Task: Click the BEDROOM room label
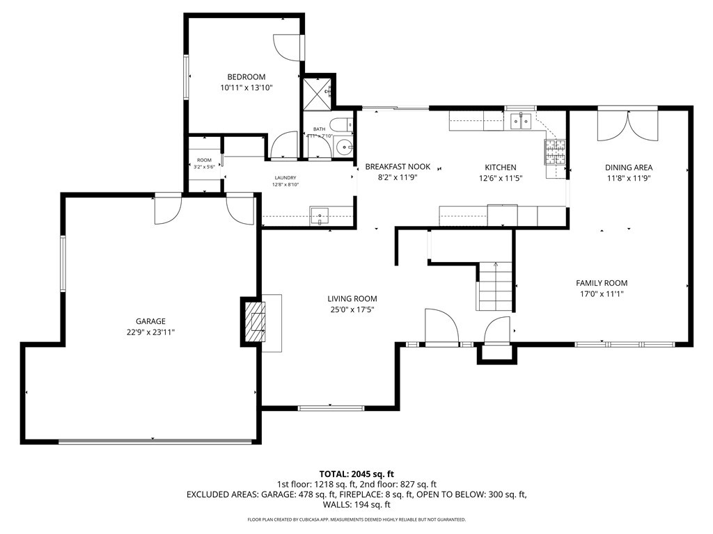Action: point(246,76)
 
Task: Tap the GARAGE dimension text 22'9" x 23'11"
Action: point(150,332)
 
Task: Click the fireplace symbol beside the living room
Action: point(255,321)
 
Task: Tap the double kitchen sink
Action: point(521,122)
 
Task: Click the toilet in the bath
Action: point(340,126)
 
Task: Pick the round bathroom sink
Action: point(342,147)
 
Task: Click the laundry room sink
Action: point(319,215)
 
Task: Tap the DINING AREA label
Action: point(628,168)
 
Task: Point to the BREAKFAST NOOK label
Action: point(398,167)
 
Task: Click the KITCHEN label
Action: point(500,168)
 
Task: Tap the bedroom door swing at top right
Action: point(285,47)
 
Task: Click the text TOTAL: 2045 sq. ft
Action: point(356,474)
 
